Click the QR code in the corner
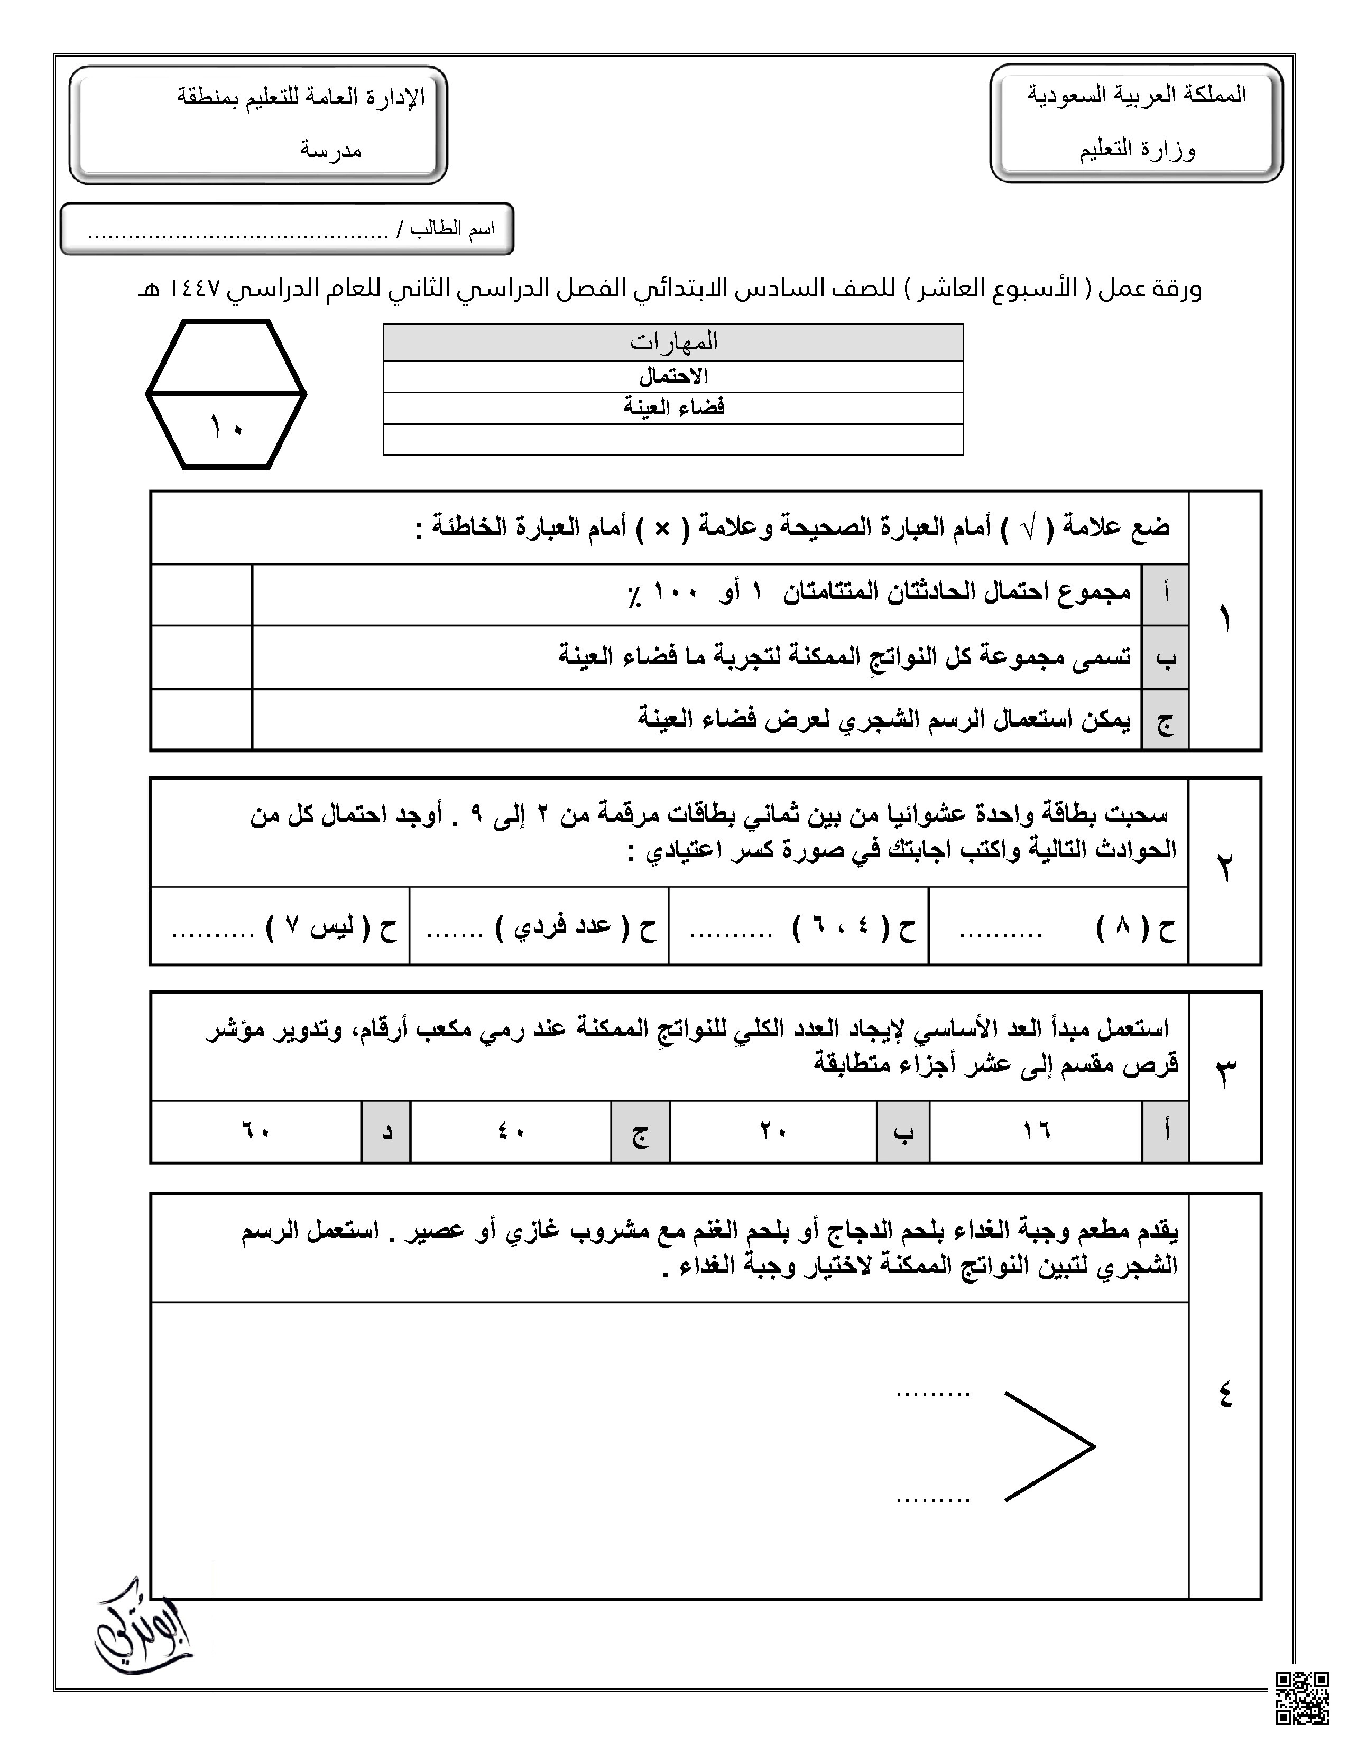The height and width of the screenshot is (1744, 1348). pos(1301,1699)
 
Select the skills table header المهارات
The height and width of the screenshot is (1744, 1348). pos(673,342)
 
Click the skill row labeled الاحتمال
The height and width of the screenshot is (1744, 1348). pos(673,376)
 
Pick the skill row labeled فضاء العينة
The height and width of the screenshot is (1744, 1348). pos(673,408)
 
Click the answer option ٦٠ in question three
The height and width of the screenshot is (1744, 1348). pos(255,1131)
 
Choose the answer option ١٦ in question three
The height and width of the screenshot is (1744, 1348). pos(1036,1131)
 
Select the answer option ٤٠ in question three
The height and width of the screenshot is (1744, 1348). pos(511,1131)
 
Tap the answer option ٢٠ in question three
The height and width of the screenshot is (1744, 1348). pos(773,1131)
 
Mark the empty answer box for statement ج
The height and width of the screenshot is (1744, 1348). pos(201,719)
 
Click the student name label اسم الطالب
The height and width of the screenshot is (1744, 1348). pos(452,230)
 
